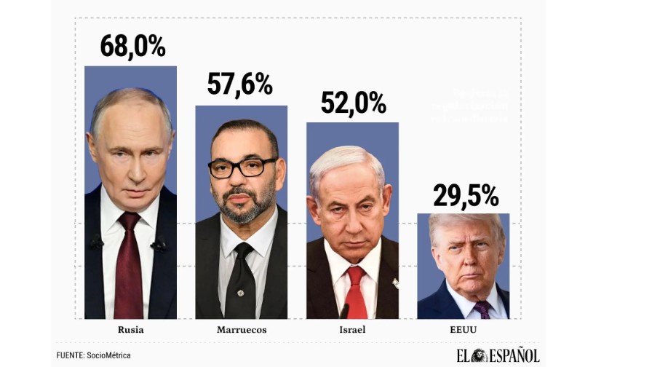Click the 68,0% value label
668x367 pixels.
(132, 46)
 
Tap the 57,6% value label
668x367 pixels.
(239, 84)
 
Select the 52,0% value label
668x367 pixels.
(353, 103)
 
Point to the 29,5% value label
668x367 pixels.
(465, 195)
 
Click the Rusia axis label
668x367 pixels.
(131, 330)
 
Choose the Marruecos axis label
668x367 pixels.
(242, 330)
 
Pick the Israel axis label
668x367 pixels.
(352, 330)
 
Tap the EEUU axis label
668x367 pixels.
(464, 330)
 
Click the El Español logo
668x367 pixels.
(498, 355)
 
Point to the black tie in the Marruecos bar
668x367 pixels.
(239, 280)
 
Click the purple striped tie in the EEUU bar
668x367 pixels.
(481, 309)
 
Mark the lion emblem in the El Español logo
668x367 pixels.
(479, 355)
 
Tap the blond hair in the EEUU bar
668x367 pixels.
(466, 222)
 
